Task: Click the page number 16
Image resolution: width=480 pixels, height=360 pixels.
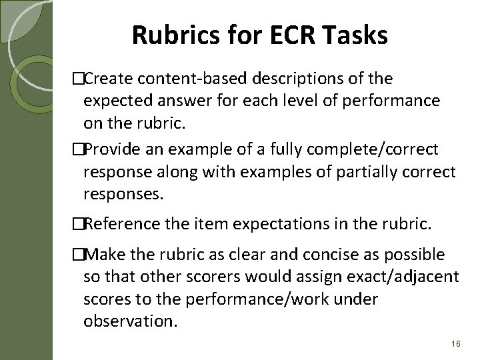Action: pos(456,343)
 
